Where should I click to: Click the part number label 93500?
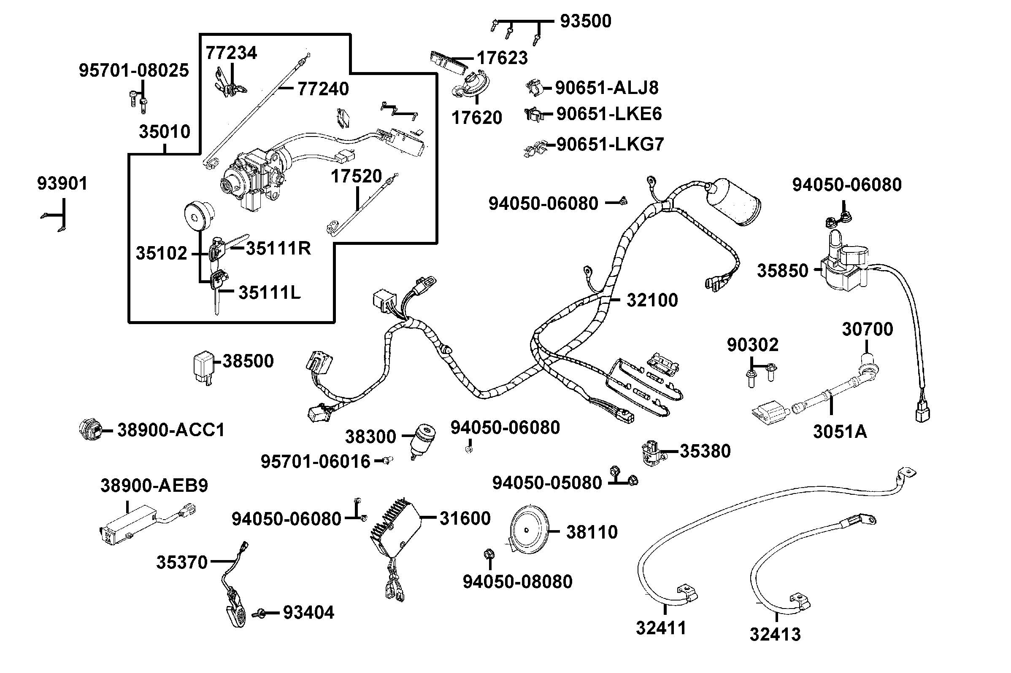585,21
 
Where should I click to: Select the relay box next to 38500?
202,367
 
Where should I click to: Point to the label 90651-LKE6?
609,114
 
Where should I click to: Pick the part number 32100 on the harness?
652,300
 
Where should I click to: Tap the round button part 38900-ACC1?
91,429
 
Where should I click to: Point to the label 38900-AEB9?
154,485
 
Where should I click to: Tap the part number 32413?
775,634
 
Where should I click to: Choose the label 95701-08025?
134,70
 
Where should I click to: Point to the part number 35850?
782,271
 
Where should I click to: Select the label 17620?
476,118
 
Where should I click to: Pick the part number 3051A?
840,432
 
